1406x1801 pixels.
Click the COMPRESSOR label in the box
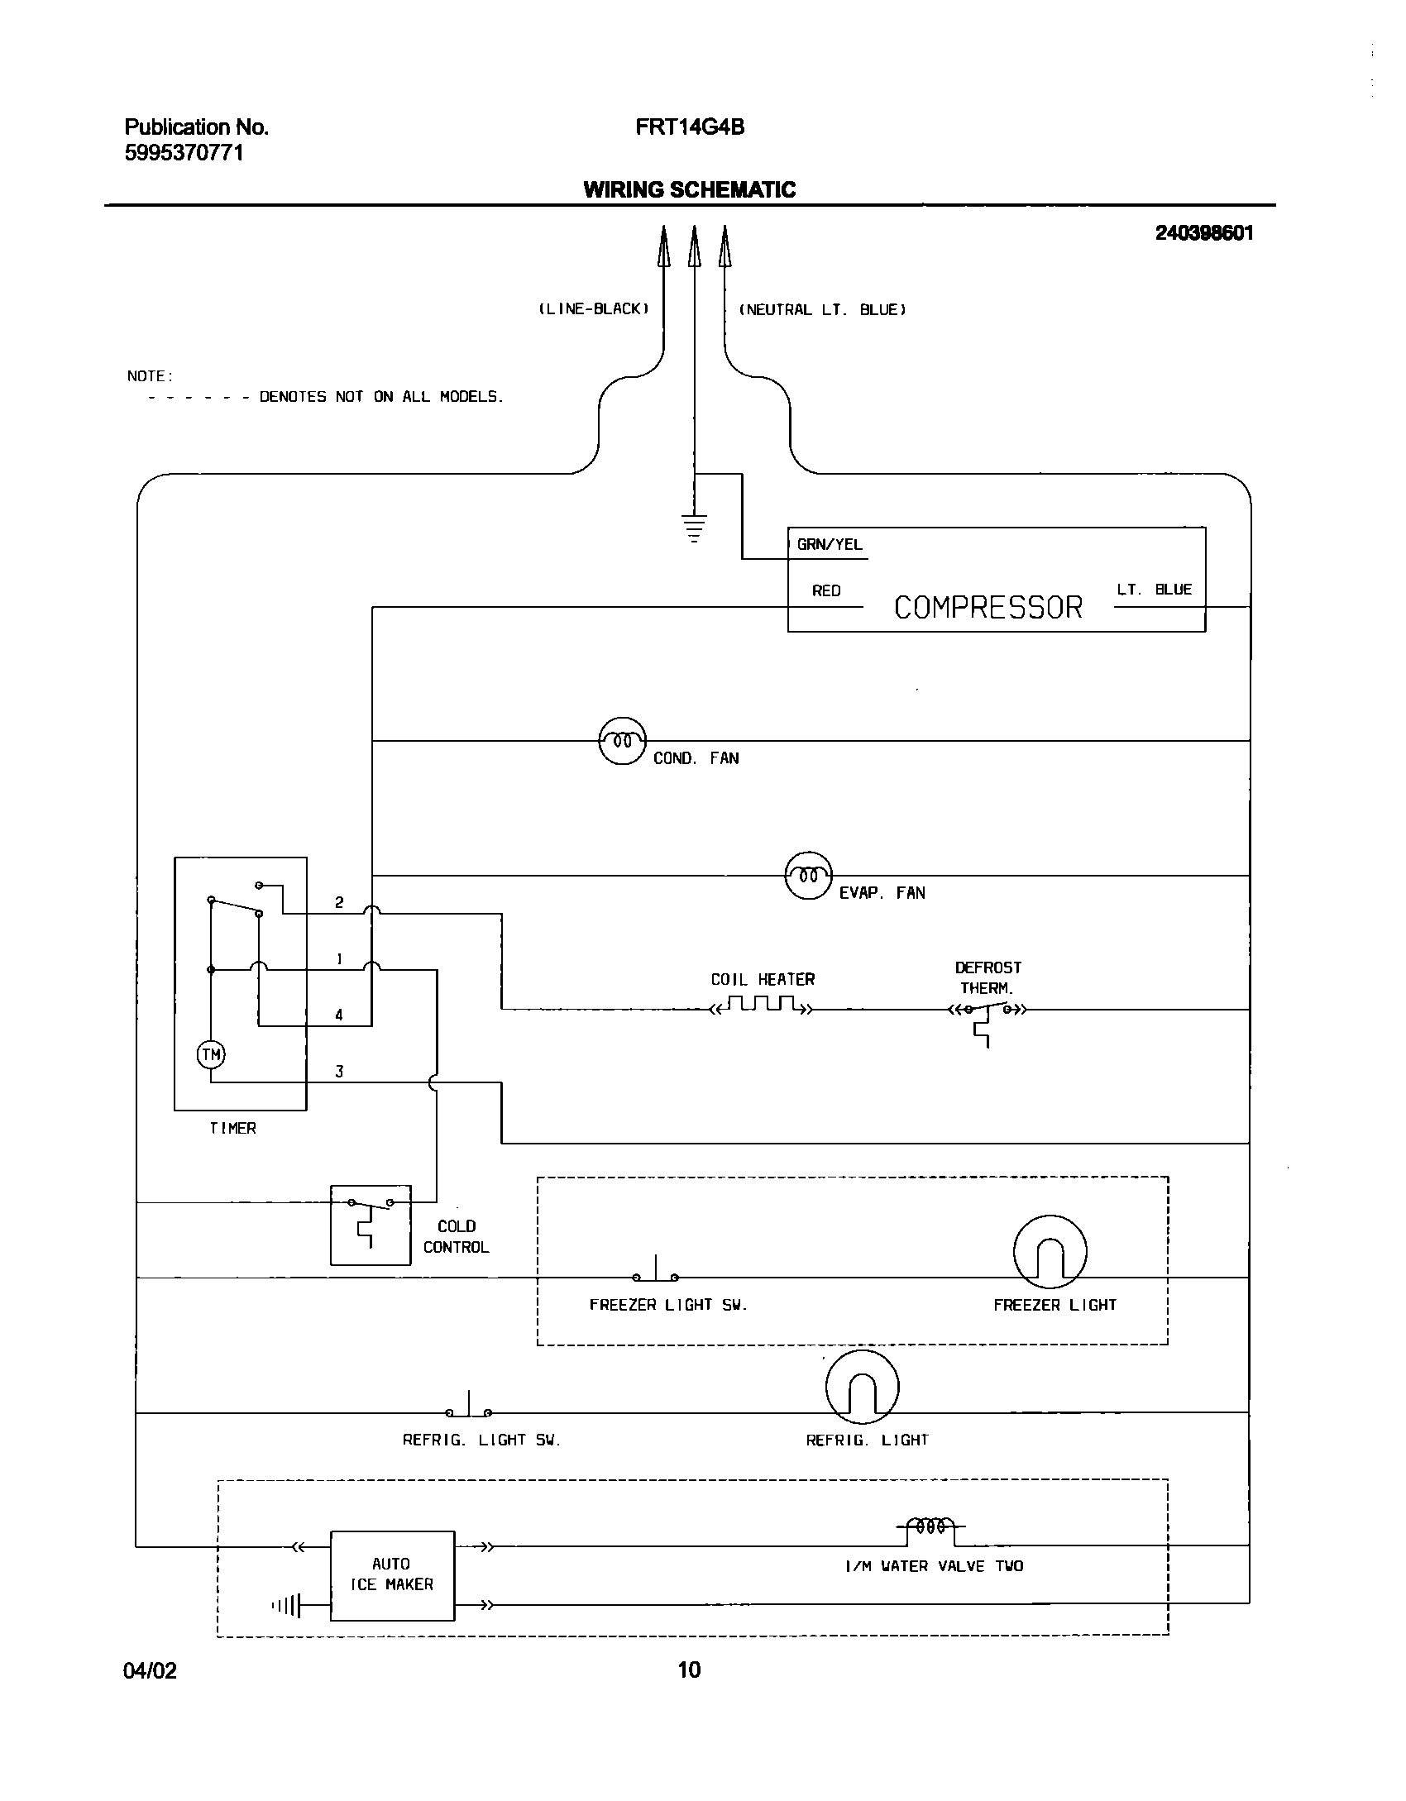pyautogui.click(x=988, y=608)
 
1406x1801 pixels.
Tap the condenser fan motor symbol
pyautogui.click(x=622, y=740)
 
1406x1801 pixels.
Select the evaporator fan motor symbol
pyautogui.click(x=808, y=875)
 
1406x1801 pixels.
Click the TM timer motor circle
pyautogui.click(x=211, y=1054)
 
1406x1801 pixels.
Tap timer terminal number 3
pyautogui.click(x=339, y=1072)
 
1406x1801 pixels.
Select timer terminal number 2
pyautogui.click(x=339, y=902)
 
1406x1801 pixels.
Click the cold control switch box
pyautogui.click(x=371, y=1225)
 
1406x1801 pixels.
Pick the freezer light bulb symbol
pyautogui.click(x=1050, y=1252)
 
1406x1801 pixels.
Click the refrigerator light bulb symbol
pyautogui.click(x=862, y=1387)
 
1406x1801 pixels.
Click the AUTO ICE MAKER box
pyautogui.click(x=392, y=1575)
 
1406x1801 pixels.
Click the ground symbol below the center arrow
pyautogui.click(x=694, y=528)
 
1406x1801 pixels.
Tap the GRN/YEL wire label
pyautogui.click(x=829, y=544)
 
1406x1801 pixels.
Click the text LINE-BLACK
pyautogui.click(x=594, y=309)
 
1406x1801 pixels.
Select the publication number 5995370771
pyautogui.click(x=184, y=153)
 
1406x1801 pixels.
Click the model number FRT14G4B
pyautogui.click(x=690, y=127)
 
